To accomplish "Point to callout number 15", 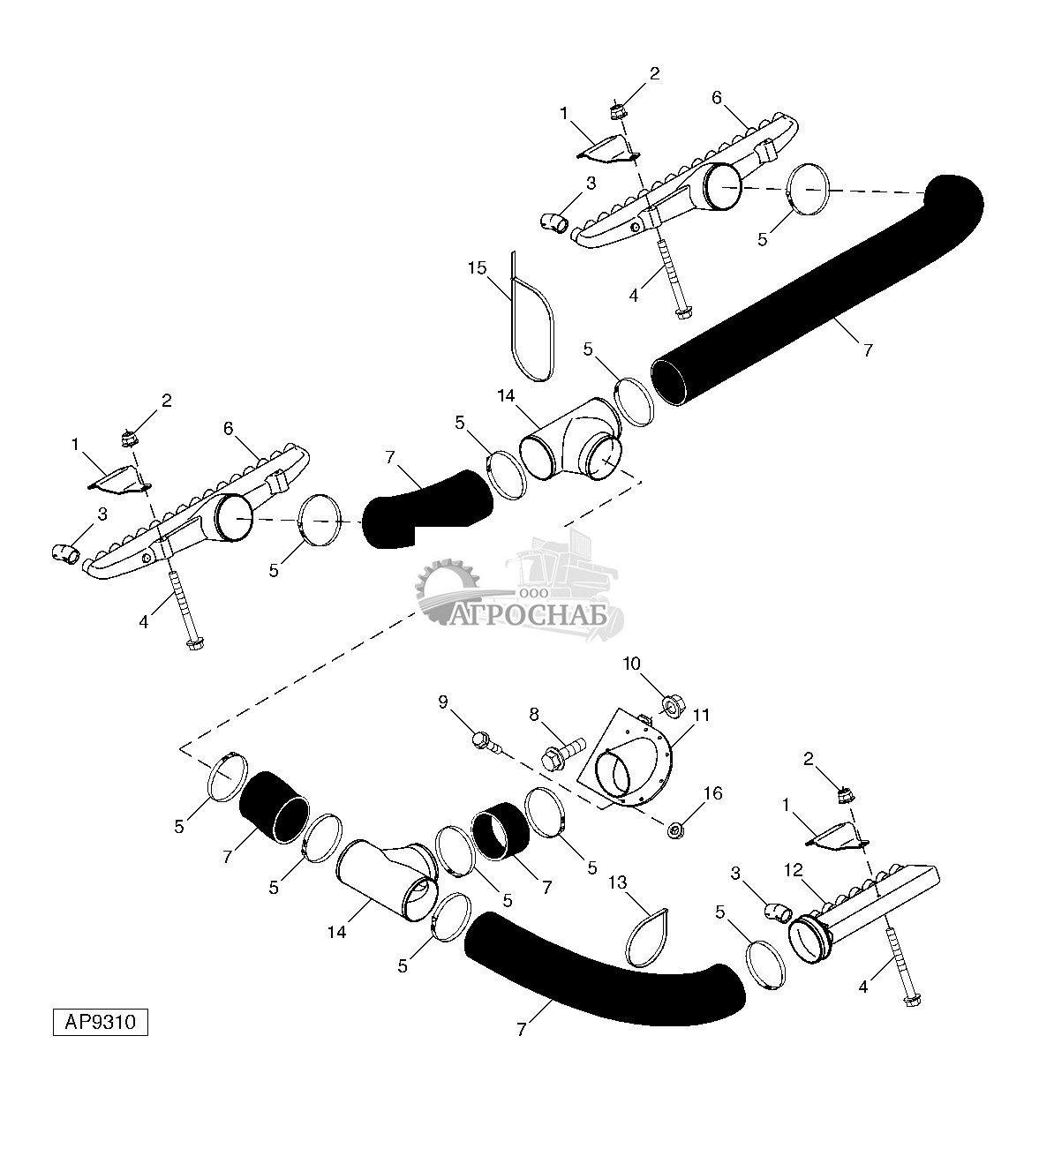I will (x=477, y=267).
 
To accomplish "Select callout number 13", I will (x=616, y=882).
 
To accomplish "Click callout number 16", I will (x=712, y=793).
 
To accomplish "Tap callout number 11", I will (x=701, y=715).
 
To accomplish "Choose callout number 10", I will (x=656, y=662).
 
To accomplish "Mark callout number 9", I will (x=443, y=702).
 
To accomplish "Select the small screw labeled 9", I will (x=485, y=739).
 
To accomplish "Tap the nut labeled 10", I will (x=671, y=704).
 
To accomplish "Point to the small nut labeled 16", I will (x=675, y=829).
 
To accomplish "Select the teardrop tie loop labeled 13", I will (x=646, y=937).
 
